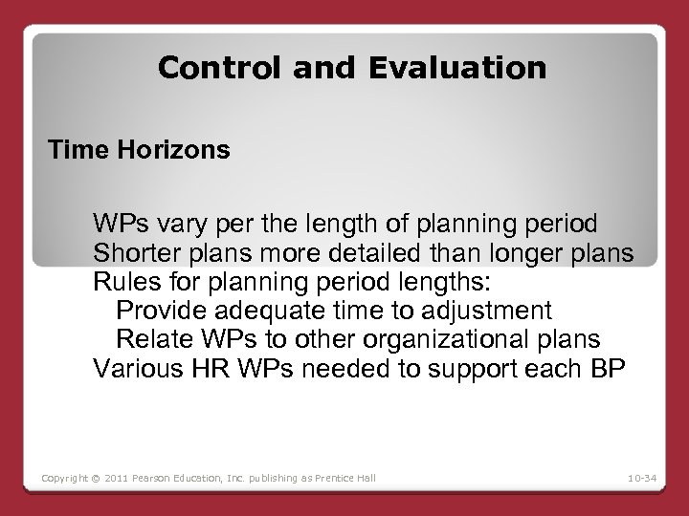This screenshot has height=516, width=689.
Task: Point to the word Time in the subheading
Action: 73,151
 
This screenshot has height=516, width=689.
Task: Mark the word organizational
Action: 444,338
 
